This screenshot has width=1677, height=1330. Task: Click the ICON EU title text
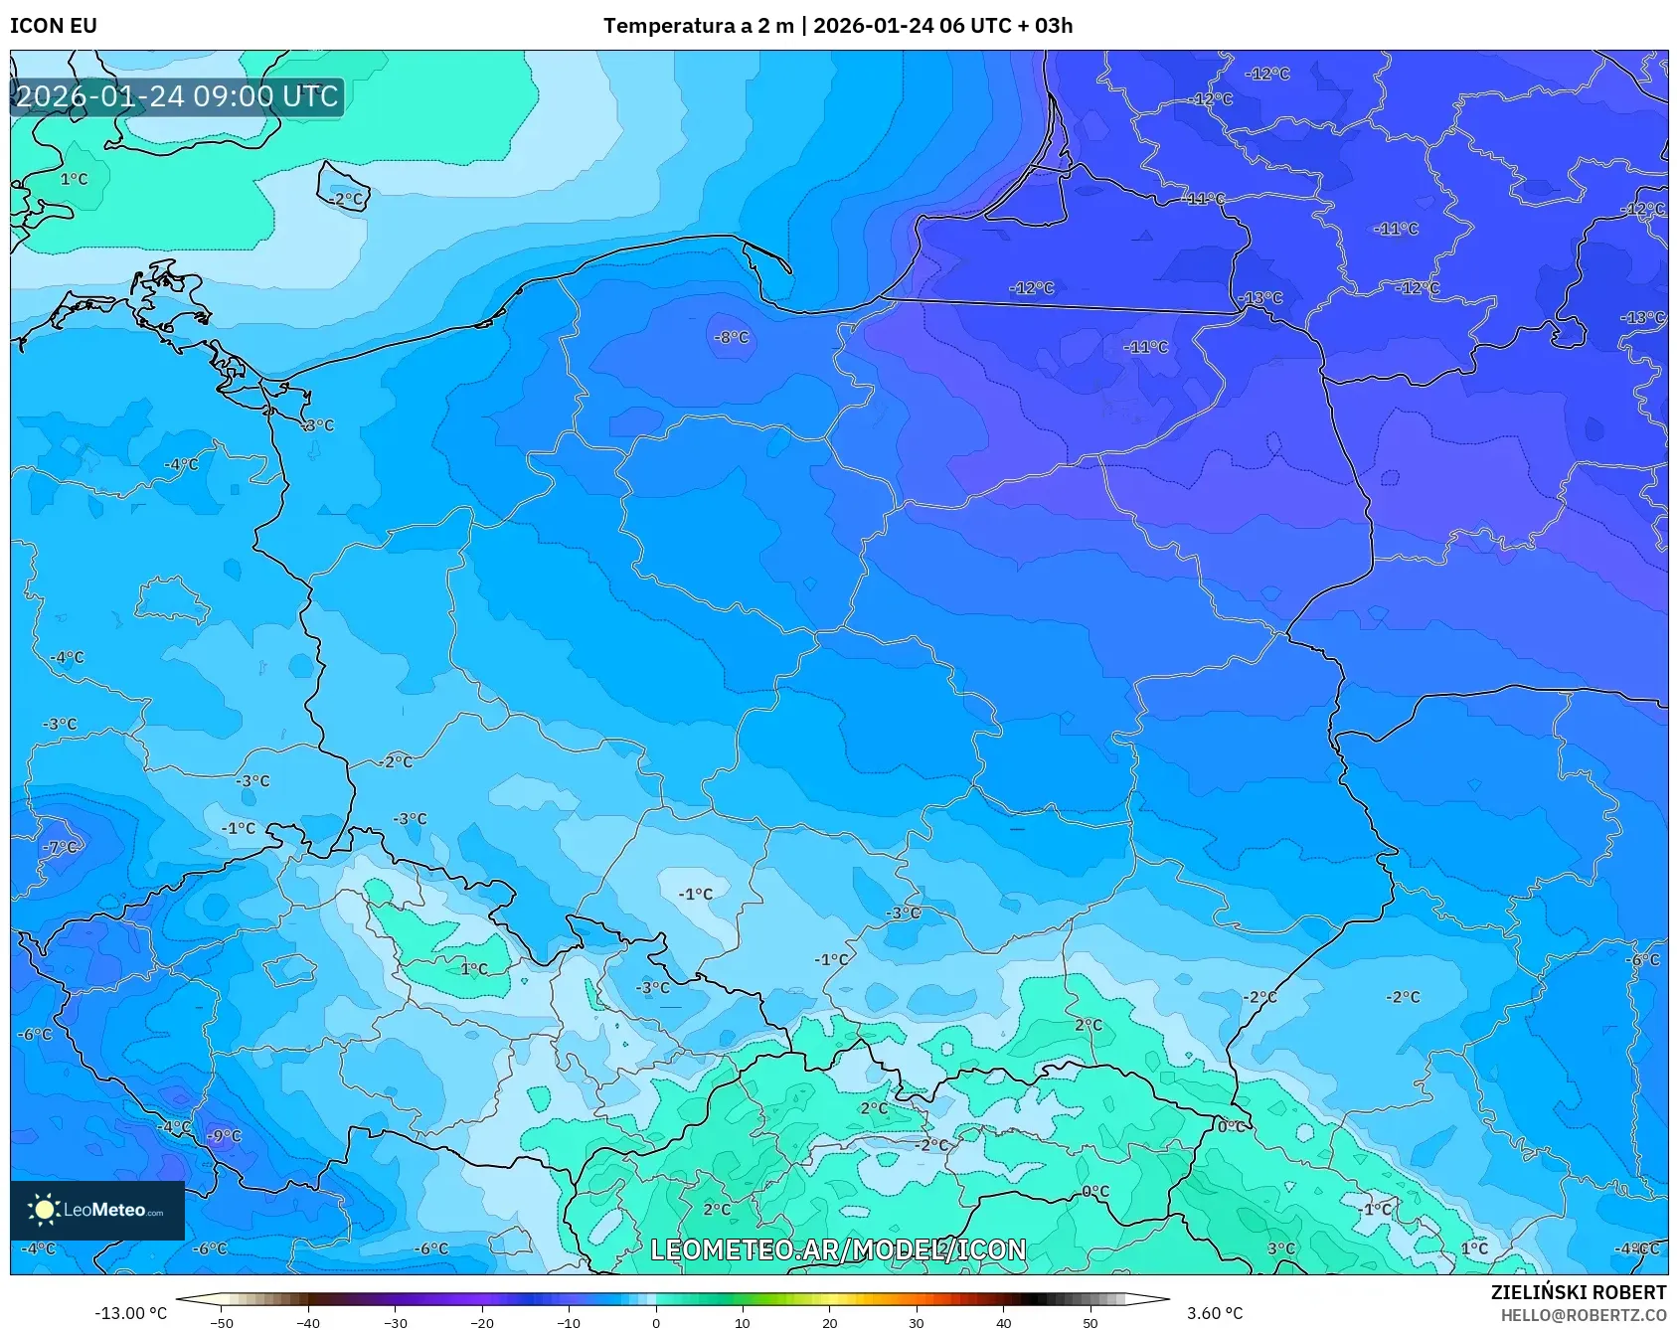click(x=54, y=26)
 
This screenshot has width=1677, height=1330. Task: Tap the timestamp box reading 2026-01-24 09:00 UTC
click(x=177, y=96)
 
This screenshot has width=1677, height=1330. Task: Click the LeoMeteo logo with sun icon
click(x=96, y=1210)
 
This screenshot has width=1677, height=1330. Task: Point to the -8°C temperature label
click(x=731, y=338)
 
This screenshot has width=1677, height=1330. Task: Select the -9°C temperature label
click(x=224, y=1136)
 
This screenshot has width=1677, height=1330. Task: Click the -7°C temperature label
click(x=60, y=847)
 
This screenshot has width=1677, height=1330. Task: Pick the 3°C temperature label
click(x=1280, y=1248)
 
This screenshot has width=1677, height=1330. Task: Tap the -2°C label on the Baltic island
click(x=347, y=199)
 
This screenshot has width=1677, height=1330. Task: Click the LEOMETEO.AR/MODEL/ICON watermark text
click(x=838, y=1249)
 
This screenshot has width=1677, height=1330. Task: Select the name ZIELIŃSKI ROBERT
click(x=1578, y=1292)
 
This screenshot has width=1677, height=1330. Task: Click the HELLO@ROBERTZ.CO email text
click(x=1583, y=1315)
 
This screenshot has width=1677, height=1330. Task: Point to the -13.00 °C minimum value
click(x=130, y=1313)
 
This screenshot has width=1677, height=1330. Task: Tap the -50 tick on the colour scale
click(x=222, y=1323)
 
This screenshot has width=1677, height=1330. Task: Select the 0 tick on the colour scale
click(x=655, y=1323)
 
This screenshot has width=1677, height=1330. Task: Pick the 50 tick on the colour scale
click(x=1090, y=1323)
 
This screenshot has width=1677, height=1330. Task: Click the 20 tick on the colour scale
click(x=830, y=1323)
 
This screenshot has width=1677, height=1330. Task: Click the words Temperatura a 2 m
click(x=698, y=26)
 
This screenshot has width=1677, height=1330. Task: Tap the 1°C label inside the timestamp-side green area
click(x=74, y=179)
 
